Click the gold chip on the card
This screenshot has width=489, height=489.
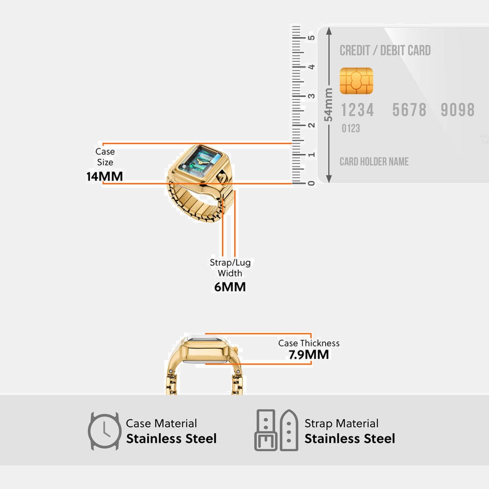click(356, 81)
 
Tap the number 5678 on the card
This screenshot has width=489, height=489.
click(409, 110)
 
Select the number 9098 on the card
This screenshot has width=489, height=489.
click(457, 110)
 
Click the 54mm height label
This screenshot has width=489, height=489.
click(328, 104)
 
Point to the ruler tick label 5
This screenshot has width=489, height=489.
click(312, 38)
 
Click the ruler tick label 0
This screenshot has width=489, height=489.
click(312, 184)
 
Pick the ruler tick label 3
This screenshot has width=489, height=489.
click(312, 96)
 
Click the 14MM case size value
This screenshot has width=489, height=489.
click(105, 176)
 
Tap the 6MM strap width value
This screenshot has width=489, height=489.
click(230, 287)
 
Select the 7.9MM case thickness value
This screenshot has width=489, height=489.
click(309, 355)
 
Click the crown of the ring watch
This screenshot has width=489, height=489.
click(221, 178)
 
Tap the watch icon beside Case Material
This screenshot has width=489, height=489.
click(104, 431)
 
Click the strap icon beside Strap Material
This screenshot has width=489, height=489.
click(276, 430)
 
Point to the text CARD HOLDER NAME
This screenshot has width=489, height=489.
click(374, 162)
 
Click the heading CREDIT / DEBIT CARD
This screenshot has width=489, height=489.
click(385, 51)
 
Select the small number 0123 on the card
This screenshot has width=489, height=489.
click(351, 128)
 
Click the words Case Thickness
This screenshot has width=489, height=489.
click(309, 343)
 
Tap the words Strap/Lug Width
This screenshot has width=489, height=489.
click(230, 268)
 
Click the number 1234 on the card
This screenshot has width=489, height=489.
click(357, 110)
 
